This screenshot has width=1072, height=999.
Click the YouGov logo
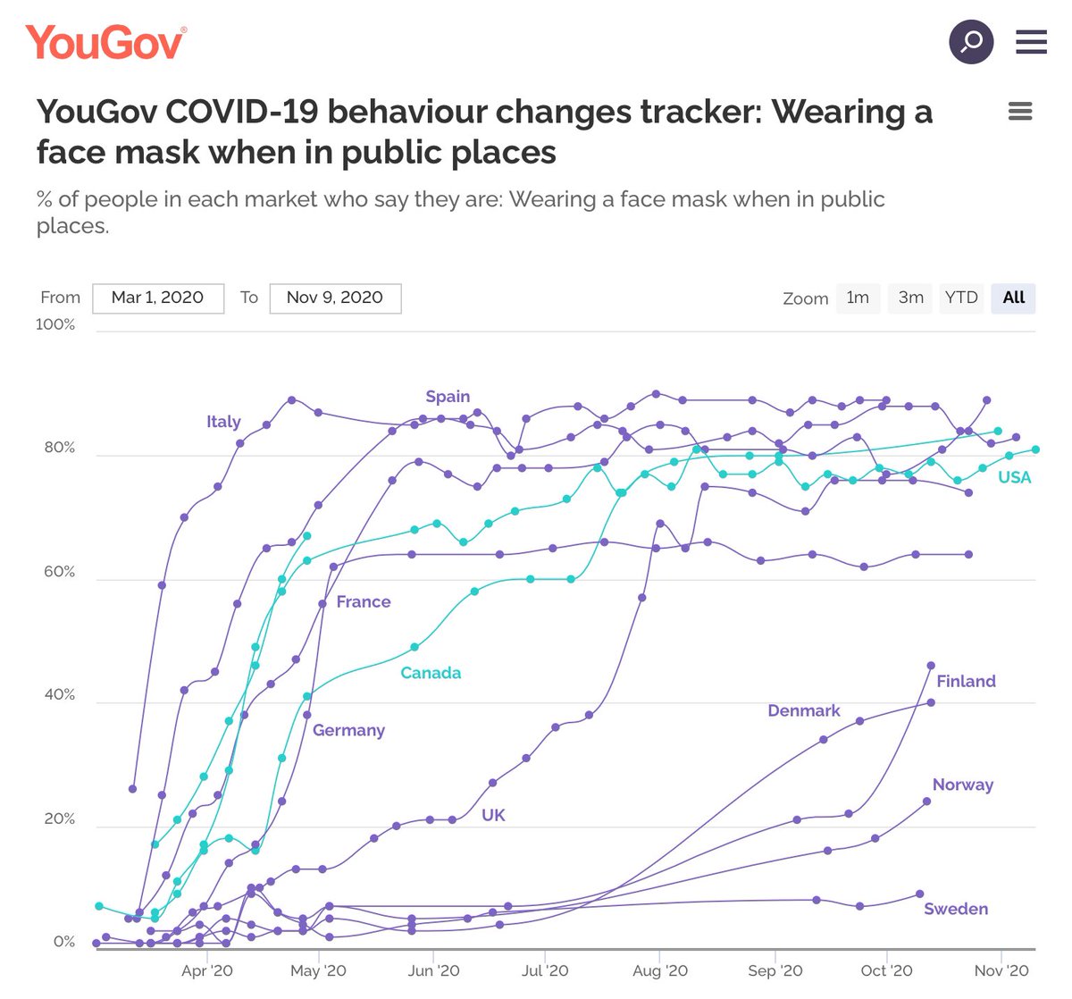106,42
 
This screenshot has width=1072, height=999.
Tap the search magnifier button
970,41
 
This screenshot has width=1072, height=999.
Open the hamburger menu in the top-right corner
1031,41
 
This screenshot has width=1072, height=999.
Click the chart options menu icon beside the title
1019,112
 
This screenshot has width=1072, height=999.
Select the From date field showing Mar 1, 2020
157,298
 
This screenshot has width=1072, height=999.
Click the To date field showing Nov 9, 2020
335,298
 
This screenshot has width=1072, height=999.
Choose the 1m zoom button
858,298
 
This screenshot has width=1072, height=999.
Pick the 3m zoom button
910,298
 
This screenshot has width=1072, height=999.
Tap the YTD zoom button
961,298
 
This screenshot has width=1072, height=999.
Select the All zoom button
1013,298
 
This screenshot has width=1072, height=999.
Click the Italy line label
223,422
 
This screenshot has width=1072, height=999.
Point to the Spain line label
448,397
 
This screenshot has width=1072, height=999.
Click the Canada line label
431,673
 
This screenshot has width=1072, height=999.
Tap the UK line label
493,815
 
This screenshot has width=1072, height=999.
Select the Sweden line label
955,909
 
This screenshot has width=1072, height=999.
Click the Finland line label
966,681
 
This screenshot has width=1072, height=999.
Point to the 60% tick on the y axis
59,572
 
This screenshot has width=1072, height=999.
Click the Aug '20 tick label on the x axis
660,970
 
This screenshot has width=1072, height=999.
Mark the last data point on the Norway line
926,801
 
